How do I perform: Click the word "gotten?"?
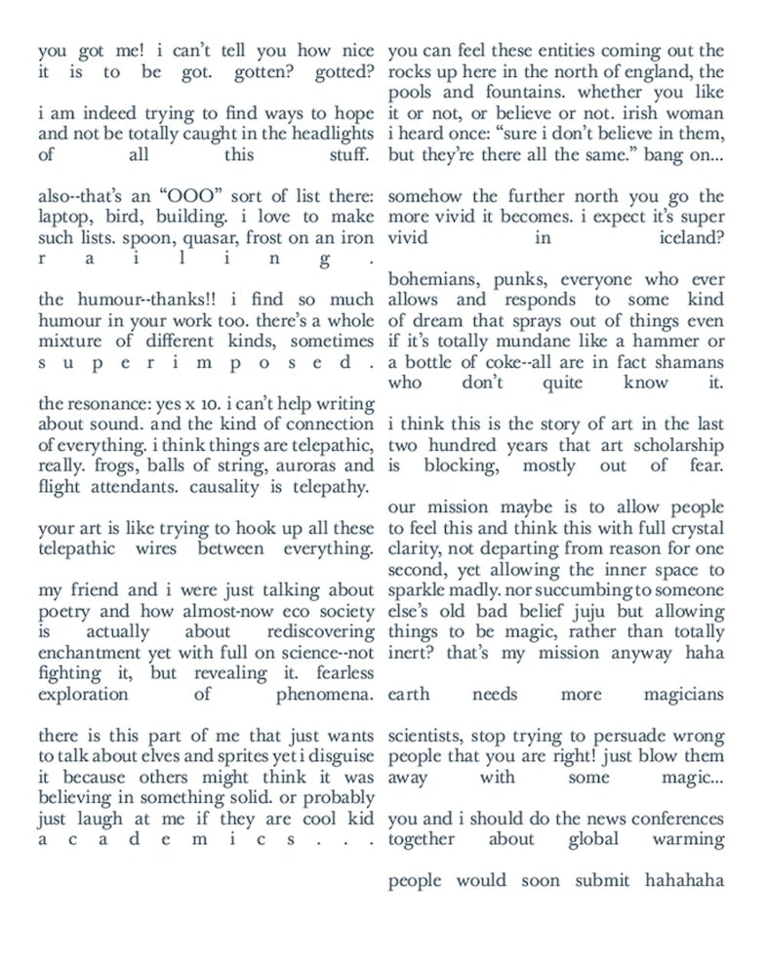[261, 72]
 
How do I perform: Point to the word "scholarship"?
[677, 445]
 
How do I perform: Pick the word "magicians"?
[683, 694]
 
